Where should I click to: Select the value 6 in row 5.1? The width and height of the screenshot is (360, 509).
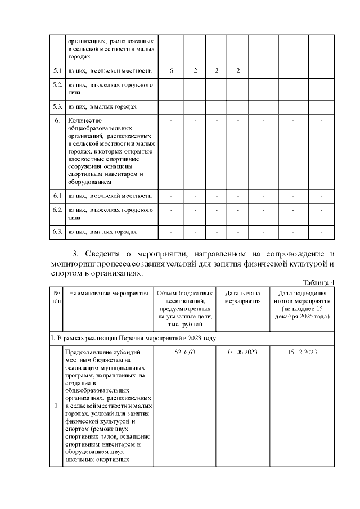tap(171, 70)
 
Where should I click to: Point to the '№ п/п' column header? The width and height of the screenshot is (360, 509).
tap(57, 297)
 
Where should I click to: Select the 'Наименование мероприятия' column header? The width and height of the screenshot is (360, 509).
tap(109, 293)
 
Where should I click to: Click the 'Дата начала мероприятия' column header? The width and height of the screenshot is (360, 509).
tap(243, 297)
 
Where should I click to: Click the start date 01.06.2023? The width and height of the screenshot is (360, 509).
tap(243, 352)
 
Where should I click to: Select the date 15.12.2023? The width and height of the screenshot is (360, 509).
tap(302, 352)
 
